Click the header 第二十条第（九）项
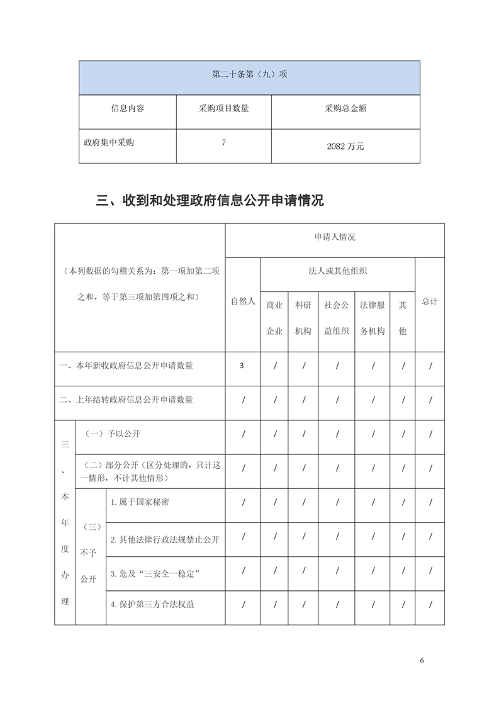249,74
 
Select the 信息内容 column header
128,108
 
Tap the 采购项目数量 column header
223,108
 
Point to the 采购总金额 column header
345,108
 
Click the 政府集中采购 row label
109,142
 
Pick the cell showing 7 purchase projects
223,143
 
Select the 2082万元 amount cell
345,146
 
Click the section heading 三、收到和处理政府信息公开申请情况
210,201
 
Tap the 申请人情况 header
335,237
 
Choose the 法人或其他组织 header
338,271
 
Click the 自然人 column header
243,301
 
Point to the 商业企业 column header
274,318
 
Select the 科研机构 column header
303,318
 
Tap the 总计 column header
430,301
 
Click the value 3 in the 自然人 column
242,366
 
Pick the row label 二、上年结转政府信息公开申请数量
126,400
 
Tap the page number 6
422,661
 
